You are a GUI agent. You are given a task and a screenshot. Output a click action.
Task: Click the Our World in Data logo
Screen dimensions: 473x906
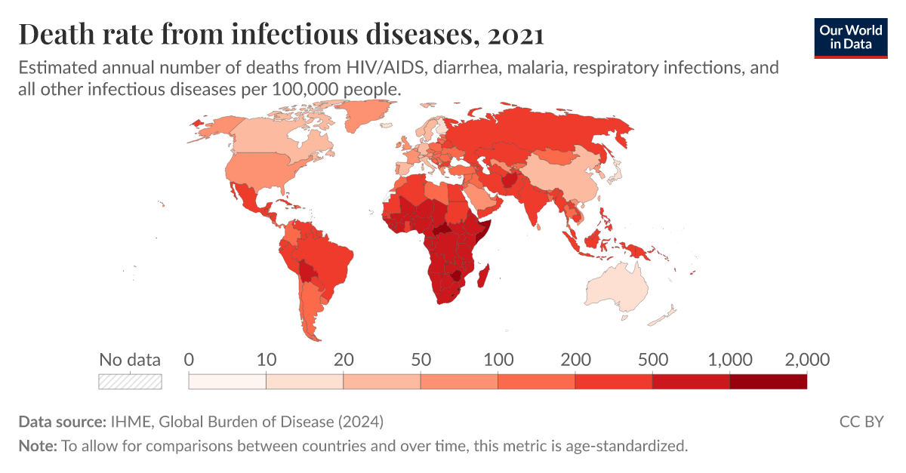coord(851,35)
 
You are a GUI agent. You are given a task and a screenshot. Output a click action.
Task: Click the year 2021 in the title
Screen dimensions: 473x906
coord(510,35)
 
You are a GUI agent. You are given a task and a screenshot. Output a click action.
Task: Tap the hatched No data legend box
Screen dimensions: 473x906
coord(130,381)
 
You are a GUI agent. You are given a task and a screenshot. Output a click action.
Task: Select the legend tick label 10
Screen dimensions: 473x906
coord(266,360)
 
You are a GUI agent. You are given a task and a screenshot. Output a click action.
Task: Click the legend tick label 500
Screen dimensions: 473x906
coord(652,360)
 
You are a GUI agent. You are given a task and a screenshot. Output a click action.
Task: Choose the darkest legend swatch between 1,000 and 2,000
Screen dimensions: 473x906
coord(768,381)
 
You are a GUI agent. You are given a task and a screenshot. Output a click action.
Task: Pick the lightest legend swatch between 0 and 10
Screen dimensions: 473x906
coord(227,381)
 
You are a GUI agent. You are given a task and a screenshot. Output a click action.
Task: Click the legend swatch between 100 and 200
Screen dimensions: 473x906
coord(536,381)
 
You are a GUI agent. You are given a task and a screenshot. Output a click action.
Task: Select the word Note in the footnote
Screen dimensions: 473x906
coord(37,446)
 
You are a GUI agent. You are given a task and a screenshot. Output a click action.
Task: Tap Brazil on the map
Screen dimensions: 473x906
coord(328,256)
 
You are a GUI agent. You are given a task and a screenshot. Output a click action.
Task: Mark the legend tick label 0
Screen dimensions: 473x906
coord(190,360)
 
